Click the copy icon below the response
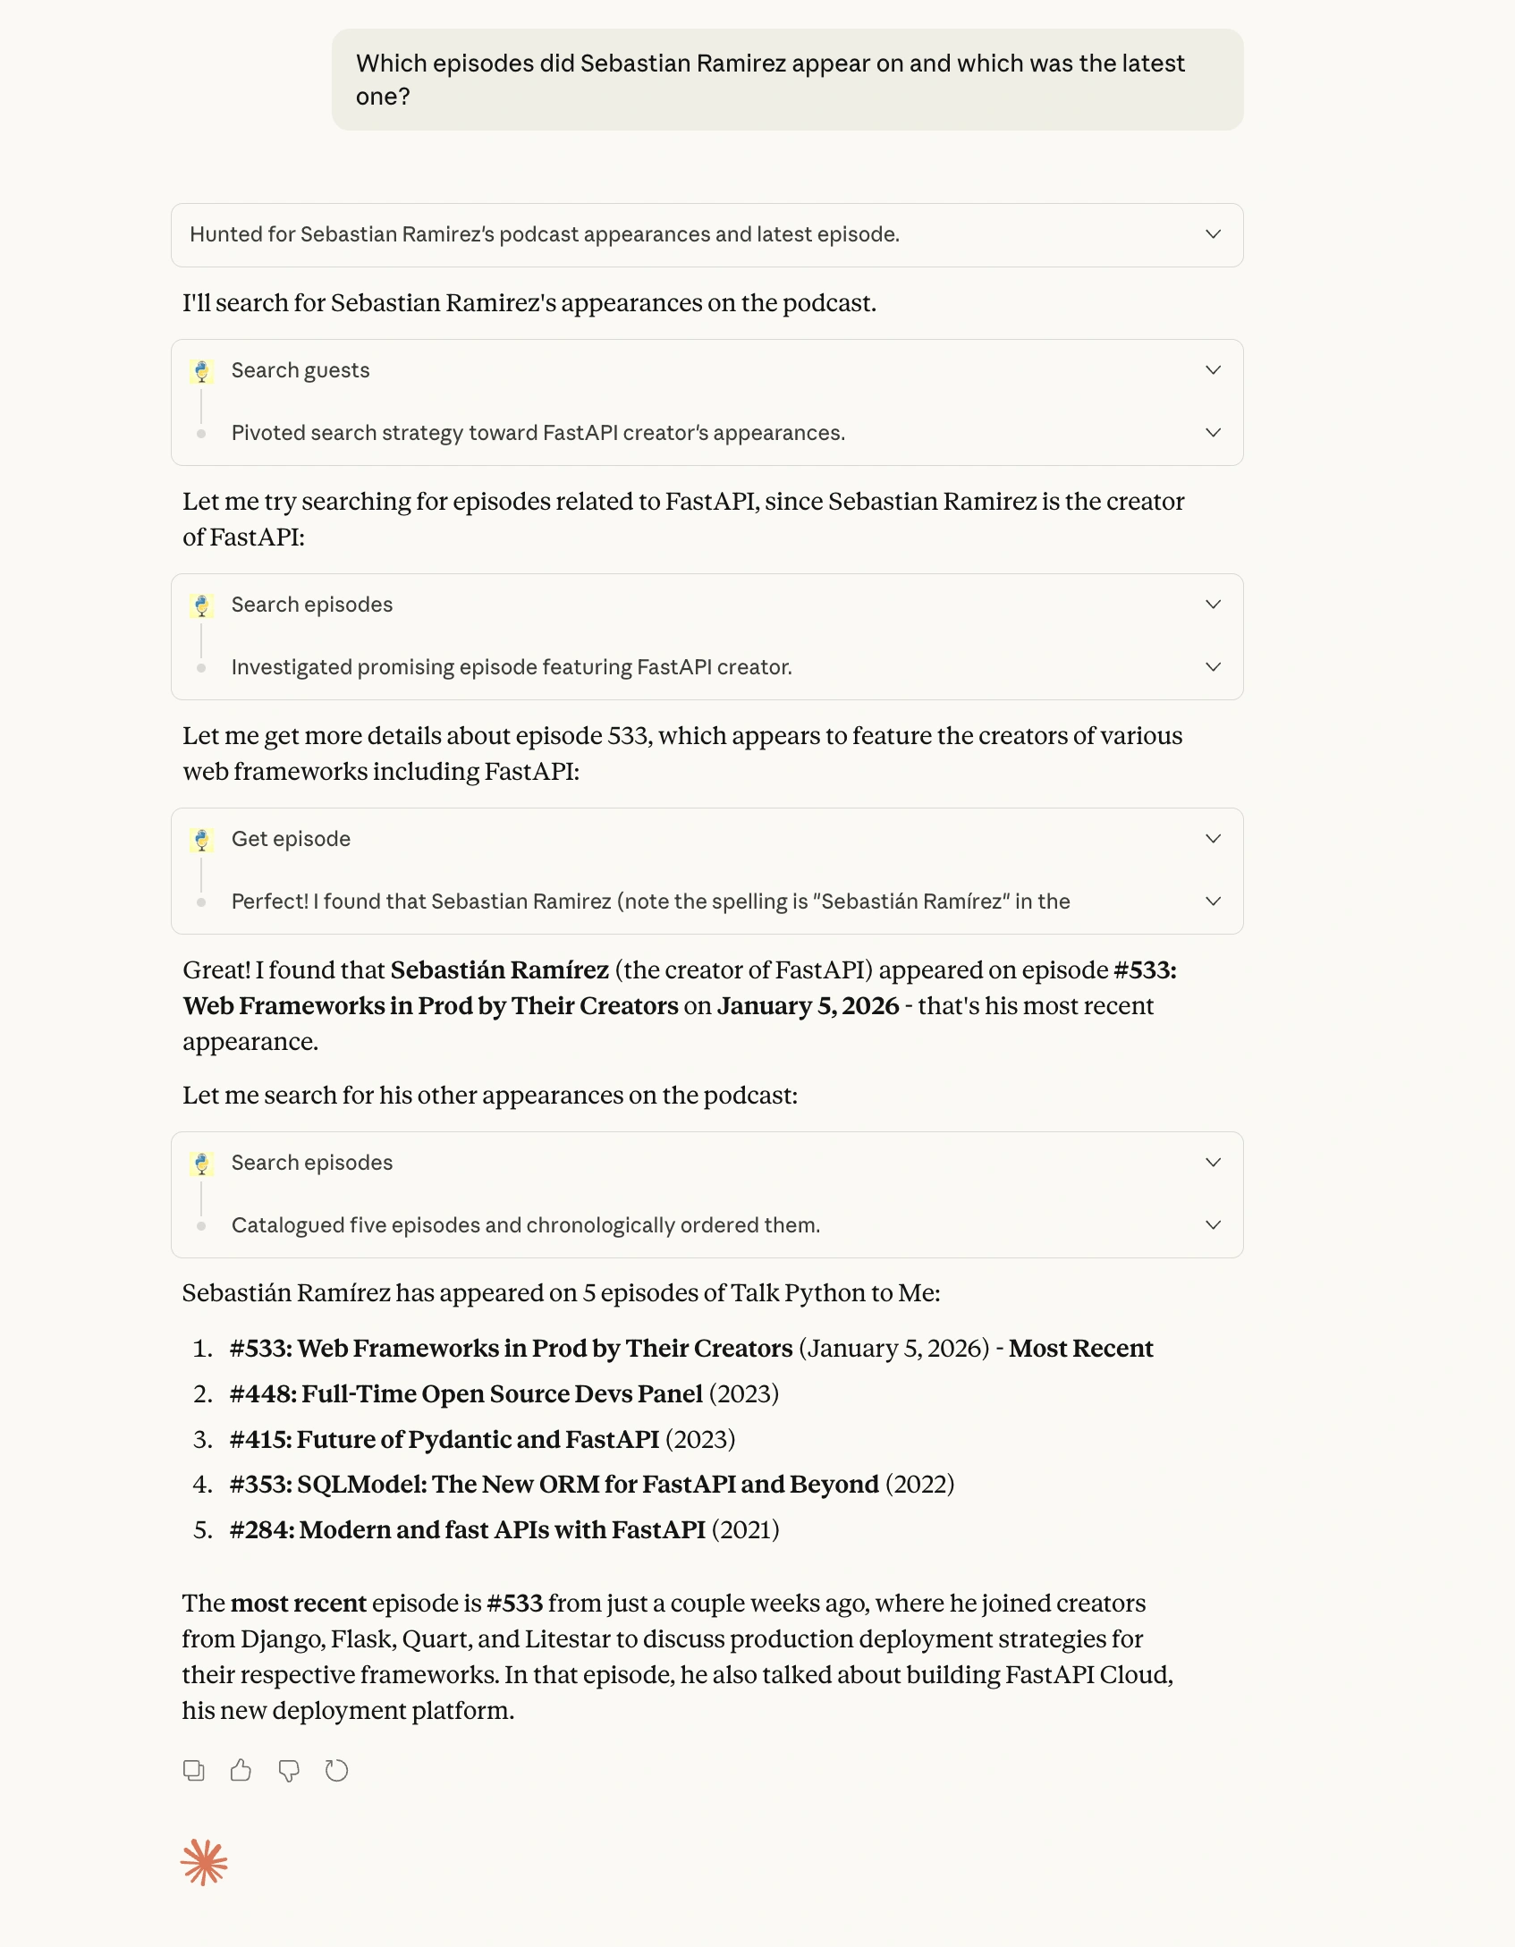[193, 1770]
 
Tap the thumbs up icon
[241, 1770]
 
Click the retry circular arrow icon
[336, 1770]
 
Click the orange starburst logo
[204, 1863]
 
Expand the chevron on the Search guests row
[1213, 370]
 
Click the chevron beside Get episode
[1213, 839]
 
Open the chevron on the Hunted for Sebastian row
[1213, 234]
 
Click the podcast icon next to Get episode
[202, 840]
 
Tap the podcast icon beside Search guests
[202, 371]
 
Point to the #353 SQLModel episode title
[554, 1484]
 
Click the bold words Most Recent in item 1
[1080, 1348]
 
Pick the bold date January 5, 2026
[808, 1005]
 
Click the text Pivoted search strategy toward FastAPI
[537, 433]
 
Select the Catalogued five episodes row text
[525, 1225]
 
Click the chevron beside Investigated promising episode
[1213, 667]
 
